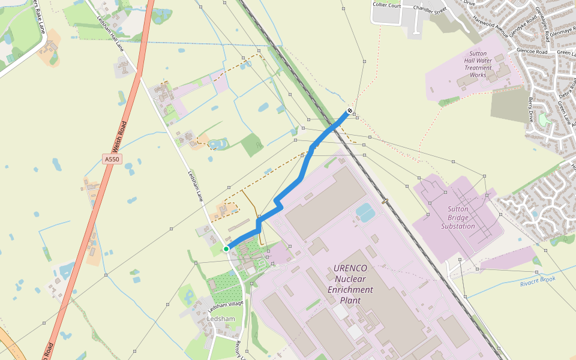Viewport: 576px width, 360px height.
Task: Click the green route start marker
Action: [x=226, y=248]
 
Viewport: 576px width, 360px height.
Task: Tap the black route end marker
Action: [x=350, y=111]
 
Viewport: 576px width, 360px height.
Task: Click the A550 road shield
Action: [x=112, y=159]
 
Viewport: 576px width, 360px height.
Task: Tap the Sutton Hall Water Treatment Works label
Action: [x=478, y=64]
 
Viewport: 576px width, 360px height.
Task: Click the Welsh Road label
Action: [x=121, y=137]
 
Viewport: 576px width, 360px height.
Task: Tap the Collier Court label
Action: [x=386, y=5]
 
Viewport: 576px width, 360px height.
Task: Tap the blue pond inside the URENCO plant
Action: [x=364, y=210]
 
